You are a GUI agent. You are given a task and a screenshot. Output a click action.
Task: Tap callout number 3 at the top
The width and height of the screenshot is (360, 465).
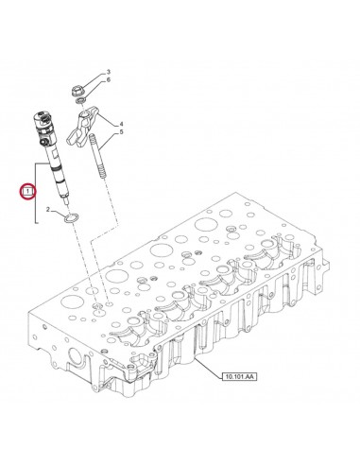tap(108, 73)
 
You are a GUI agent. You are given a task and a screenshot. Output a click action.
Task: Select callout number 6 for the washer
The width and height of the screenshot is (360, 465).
tap(108, 82)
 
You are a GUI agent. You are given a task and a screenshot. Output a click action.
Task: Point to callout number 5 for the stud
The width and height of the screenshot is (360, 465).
tap(122, 133)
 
